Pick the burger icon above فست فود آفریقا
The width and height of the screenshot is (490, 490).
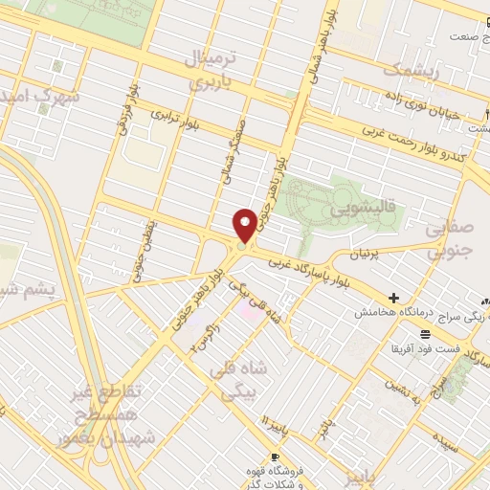[425, 332]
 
